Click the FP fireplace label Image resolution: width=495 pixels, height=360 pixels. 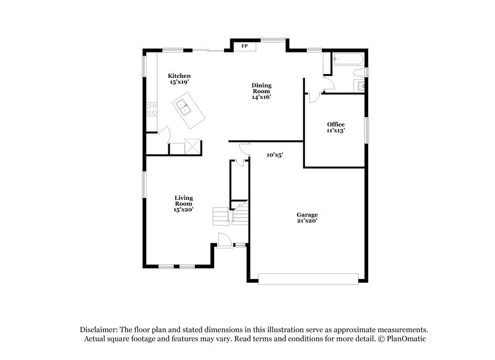tap(244, 46)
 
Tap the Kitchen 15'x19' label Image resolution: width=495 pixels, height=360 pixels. tap(179, 79)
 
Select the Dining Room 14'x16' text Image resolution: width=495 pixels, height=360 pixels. tap(261, 91)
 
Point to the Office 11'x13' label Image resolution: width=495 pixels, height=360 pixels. tap(335, 127)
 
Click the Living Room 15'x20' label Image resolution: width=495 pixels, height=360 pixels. tap(184, 204)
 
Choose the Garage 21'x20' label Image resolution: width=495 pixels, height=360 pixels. tap(307, 218)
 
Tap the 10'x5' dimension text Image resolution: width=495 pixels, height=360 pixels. tap(274, 155)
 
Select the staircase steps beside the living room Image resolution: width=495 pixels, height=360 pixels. tap(220, 216)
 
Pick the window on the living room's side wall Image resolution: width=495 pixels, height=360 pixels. tap(145, 185)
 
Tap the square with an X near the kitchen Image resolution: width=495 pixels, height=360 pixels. tap(194, 147)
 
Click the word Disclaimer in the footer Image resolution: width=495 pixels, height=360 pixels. tap(101, 330)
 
